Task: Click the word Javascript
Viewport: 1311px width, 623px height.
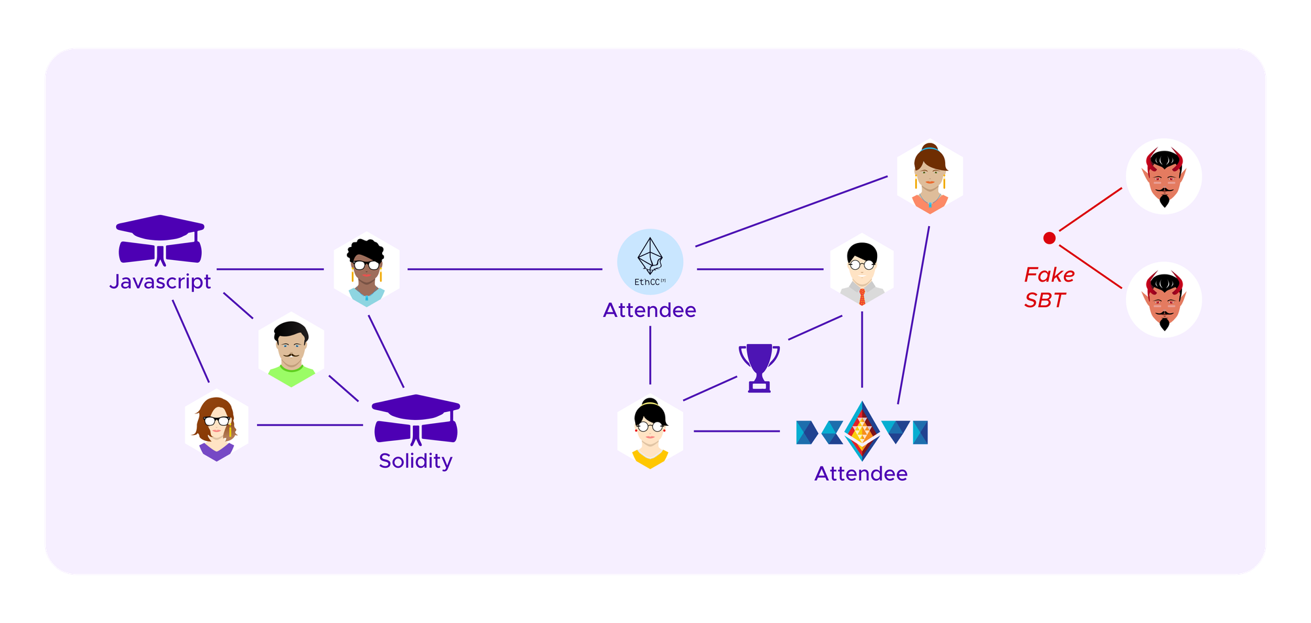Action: [x=160, y=282]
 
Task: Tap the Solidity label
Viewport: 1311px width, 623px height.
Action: [x=416, y=461]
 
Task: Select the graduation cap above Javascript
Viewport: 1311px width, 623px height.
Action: [x=160, y=240]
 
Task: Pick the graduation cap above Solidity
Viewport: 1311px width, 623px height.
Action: [x=416, y=419]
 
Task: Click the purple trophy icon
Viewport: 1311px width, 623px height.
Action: [x=759, y=368]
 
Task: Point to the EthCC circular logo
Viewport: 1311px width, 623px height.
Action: [x=650, y=261]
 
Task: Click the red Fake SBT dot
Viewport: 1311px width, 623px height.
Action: [x=1049, y=238]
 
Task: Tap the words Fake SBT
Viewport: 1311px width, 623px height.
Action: [x=1049, y=287]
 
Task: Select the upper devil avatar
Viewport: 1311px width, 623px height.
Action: [x=1164, y=177]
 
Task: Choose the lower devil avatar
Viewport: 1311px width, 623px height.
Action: [x=1164, y=300]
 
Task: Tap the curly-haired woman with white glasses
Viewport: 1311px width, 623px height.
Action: [x=366, y=270]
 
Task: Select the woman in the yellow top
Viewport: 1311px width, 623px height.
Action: [x=650, y=432]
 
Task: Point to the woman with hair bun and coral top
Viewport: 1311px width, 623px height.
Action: [x=929, y=178]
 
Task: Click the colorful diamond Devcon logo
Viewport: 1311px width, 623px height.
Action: [x=861, y=431]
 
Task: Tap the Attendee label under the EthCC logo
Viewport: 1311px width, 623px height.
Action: [x=650, y=310]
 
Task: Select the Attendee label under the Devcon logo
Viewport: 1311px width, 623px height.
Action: [x=861, y=474]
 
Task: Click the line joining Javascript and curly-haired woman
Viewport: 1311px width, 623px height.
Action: [x=270, y=269]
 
